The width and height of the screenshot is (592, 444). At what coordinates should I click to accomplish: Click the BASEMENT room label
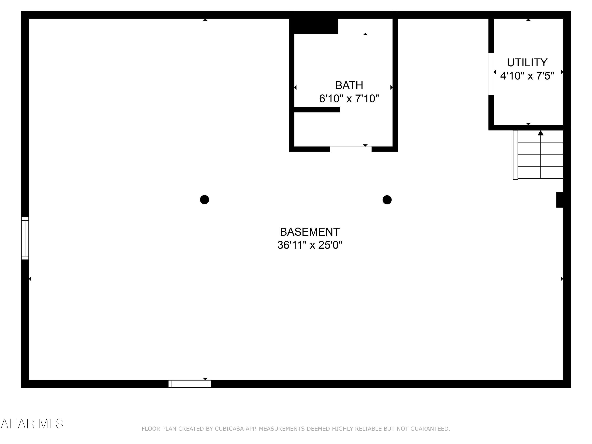[310, 232]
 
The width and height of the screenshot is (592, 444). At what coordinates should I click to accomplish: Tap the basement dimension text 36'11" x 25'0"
[310, 245]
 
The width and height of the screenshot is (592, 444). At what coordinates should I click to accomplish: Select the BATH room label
[349, 85]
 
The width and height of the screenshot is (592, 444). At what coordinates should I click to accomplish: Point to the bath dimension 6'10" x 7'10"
[349, 99]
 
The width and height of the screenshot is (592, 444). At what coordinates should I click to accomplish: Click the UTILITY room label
[527, 63]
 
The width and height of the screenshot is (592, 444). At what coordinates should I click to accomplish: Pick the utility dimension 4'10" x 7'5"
[527, 76]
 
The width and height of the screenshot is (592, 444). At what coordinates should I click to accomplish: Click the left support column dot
[204, 200]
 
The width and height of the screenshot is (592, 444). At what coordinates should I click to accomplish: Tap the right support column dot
[387, 200]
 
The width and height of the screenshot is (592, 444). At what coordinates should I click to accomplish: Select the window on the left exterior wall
[25, 238]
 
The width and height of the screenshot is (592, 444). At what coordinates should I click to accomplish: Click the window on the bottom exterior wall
[190, 384]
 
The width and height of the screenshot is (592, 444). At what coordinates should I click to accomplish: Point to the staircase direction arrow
[541, 133]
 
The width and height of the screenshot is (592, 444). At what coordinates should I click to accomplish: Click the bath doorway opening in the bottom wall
[351, 149]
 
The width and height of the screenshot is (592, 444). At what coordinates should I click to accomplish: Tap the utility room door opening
[491, 74]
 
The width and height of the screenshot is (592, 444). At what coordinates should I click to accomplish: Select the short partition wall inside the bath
[317, 110]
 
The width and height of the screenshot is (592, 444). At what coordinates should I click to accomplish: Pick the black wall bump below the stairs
[560, 200]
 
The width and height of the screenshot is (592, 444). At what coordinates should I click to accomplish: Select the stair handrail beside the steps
[515, 155]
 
